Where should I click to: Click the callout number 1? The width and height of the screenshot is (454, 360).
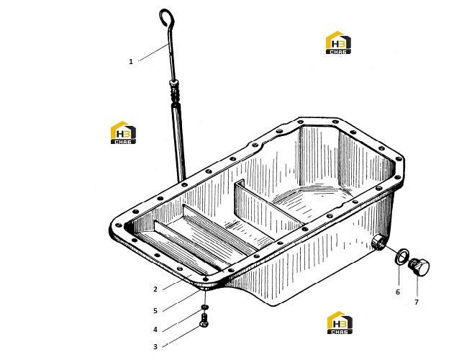(x=131, y=62)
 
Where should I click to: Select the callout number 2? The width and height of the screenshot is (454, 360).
(x=155, y=289)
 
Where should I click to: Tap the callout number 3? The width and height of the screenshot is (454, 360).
(x=155, y=346)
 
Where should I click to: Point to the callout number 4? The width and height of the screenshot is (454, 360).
(x=155, y=330)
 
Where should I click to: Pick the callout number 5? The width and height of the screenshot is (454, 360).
(x=155, y=311)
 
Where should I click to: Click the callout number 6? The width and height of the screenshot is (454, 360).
(x=398, y=292)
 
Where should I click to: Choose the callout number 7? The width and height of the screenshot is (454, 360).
(x=417, y=302)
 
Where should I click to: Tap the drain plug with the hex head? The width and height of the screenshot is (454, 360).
(x=419, y=267)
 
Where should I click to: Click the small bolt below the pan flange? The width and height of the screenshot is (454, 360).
(x=204, y=320)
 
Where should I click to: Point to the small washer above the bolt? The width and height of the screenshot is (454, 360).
(x=204, y=307)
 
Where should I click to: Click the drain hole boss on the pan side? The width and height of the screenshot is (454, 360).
(x=378, y=242)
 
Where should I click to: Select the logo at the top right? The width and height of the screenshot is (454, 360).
(x=338, y=42)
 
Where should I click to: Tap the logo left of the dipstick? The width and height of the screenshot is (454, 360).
(x=123, y=132)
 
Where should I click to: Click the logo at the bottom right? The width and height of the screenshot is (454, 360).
(x=340, y=323)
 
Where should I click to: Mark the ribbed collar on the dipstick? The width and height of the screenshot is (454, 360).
(x=175, y=91)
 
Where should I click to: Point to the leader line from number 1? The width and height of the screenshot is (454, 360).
(x=153, y=52)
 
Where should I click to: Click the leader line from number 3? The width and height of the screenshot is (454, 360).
(x=181, y=336)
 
